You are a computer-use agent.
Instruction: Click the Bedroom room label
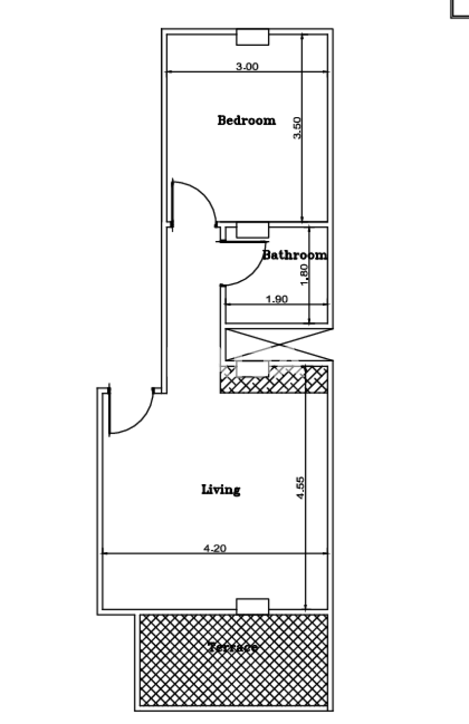[x=246, y=120]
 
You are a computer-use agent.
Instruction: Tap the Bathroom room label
[x=295, y=255]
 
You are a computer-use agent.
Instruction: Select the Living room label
[x=221, y=489]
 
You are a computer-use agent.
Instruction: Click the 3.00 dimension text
[x=246, y=66]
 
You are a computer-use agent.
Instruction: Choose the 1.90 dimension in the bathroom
[x=276, y=300]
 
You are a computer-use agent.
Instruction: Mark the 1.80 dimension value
[x=304, y=275]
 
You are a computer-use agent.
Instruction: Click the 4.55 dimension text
[x=300, y=487]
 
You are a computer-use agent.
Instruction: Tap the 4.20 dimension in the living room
[x=215, y=548]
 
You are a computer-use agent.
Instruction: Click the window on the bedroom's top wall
[x=252, y=37]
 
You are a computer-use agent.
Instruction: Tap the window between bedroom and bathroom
[x=252, y=230]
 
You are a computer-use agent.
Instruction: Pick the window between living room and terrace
[x=252, y=606]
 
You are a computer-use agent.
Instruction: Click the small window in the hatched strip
[x=252, y=370]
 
